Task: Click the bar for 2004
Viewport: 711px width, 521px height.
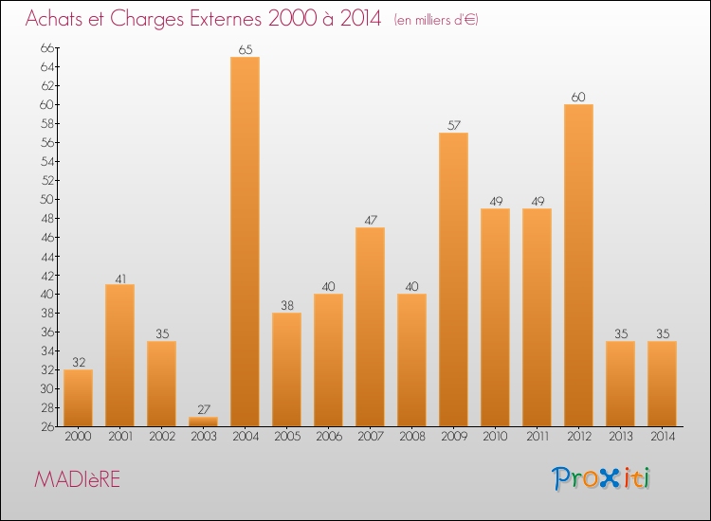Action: point(245,242)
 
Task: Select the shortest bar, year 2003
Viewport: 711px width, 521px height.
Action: point(203,422)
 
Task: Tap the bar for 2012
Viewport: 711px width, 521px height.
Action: point(578,265)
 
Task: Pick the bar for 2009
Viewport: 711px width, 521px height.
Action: point(453,279)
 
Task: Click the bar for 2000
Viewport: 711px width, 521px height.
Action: point(78,398)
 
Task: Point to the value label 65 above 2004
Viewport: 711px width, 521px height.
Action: point(245,50)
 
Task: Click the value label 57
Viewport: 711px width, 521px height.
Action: point(453,126)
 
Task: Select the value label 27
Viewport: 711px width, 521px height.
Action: point(203,410)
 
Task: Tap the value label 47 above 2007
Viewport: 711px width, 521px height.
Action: point(370,221)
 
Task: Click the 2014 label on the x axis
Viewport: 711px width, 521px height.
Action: point(662,437)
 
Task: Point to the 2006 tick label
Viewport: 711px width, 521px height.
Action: point(328,437)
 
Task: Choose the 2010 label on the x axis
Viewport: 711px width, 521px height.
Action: point(495,437)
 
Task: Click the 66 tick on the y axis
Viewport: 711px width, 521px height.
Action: point(47,47)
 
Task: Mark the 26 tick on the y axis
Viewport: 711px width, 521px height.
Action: point(47,426)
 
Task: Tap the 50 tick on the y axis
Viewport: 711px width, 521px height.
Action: point(47,199)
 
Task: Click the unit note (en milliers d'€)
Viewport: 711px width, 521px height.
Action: point(436,20)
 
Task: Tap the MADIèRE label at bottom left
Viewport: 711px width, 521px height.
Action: point(78,479)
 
